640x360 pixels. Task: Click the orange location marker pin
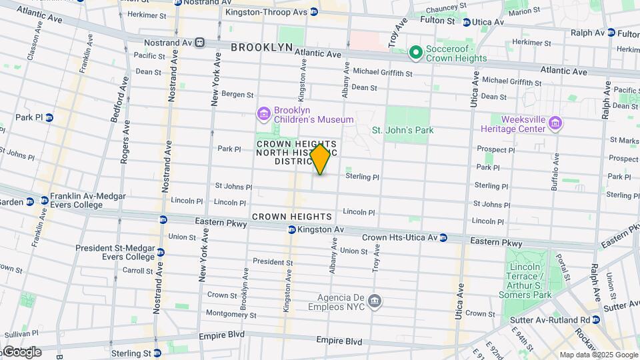coord(321,159)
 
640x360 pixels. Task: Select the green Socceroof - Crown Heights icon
coord(416,52)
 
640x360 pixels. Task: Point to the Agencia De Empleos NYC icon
coord(375,301)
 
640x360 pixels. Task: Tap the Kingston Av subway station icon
coord(291,230)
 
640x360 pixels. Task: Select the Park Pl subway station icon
coord(49,117)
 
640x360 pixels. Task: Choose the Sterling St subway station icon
coord(158,354)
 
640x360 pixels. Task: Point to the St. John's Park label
coord(402,131)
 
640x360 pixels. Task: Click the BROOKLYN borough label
coord(261,47)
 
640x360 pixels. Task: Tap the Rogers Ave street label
coord(125,143)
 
